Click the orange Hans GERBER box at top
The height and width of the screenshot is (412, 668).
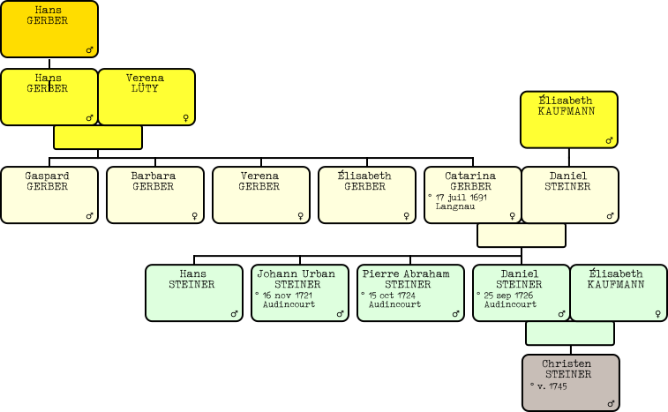49,29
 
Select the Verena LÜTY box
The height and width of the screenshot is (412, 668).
146,96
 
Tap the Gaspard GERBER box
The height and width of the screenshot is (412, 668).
49,194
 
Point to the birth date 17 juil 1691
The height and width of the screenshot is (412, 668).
461,198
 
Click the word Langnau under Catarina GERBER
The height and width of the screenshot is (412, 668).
455,206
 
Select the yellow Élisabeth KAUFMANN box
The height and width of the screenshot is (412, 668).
568,119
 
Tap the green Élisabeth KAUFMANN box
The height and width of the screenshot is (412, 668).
618,292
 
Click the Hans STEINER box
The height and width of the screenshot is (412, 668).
193,292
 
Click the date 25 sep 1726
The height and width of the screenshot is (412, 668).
507,296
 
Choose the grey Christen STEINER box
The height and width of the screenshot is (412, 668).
570,382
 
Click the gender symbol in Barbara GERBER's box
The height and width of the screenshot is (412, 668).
194,215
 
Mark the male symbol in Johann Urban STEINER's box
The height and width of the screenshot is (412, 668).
340,313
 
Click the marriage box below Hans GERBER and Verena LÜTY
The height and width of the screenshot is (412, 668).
97,138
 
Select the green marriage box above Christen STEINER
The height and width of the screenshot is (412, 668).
569,333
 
